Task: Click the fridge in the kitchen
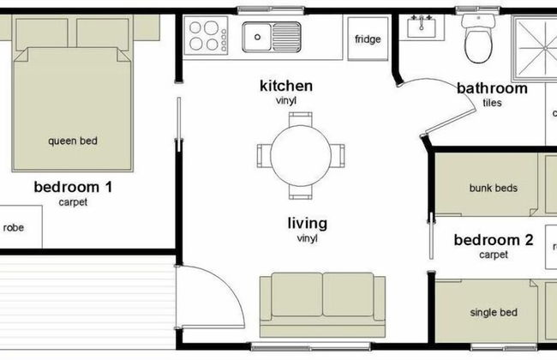tap(368, 39)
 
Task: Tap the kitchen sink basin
tap(272, 37)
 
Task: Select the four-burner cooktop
tap(206, 35)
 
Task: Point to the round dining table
tap(301, 155)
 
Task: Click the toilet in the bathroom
tap(478, 38)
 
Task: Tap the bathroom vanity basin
tap(422, 27)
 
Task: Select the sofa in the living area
tap(322, 304)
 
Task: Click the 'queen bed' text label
tap(73, 141)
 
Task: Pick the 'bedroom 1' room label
tap(73, 187)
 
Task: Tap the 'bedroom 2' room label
tap(494, 240)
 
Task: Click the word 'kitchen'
tap(286, 86)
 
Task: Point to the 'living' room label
tap(308, 224)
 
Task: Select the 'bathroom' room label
tap(492, 88)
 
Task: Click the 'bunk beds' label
tap(494, 188)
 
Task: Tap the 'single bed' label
tap(494, 313)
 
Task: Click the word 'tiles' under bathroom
tap(493, 103)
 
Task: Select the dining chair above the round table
tap(301, 119)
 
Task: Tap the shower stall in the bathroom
tap(535, 48)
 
